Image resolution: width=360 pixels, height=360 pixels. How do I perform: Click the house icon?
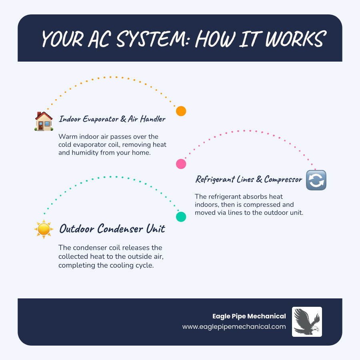(x=44, y=121)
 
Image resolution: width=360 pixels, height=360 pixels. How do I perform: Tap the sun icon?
(x=44, y=229)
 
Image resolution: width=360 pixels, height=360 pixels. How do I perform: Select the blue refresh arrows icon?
(x=316, y=180)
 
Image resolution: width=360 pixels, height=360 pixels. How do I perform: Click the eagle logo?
(x=307, y=322)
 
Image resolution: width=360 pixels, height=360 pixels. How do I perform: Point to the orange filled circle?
(x=181, y=111)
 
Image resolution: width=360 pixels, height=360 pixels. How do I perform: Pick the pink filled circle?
(x=181, y=164)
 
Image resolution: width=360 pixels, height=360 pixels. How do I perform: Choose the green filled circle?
(x=181, y=216)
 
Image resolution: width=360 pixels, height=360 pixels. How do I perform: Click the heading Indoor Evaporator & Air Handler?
(x=112, y=119)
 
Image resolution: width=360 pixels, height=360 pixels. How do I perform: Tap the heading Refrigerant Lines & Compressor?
(x=248, y=180)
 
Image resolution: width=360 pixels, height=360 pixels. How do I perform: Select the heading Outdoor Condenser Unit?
(x=112, y=229)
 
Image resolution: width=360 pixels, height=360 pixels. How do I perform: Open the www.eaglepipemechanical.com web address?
(x=234, y=326)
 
